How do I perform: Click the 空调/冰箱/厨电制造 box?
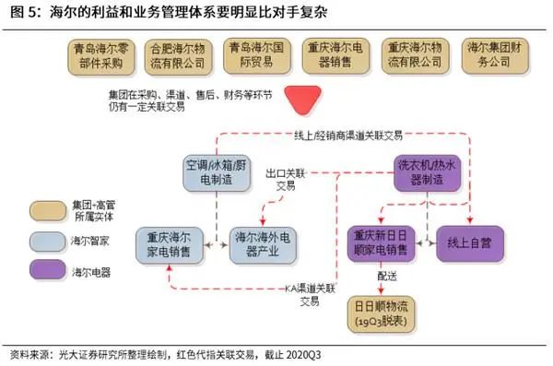tap(214, 173)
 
